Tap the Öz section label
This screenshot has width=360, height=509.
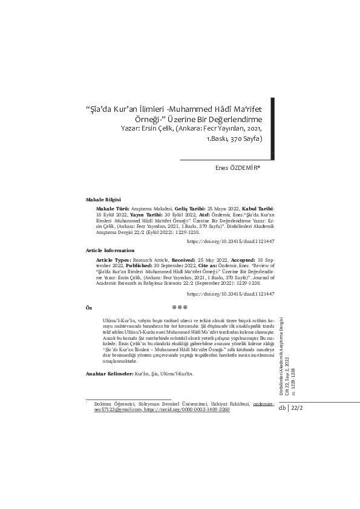[89, 307]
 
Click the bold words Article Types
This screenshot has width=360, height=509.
[114, 258]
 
